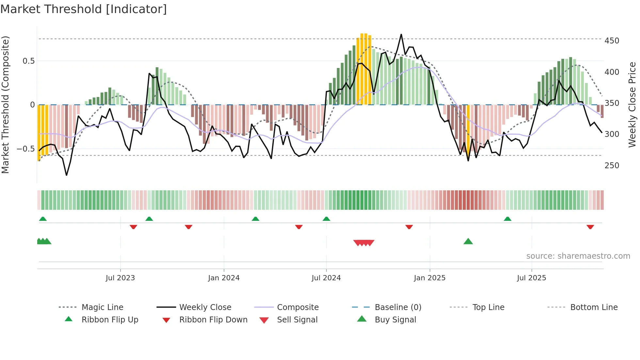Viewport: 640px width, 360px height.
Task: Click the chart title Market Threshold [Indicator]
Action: (84, 9)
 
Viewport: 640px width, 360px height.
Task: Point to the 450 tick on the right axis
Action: (612, 41)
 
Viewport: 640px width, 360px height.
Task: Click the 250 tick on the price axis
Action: (612, 166)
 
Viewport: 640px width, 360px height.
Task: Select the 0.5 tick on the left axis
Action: (28, 61)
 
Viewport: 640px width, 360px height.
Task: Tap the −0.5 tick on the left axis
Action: (26, 149)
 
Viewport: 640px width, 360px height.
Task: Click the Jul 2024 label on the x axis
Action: (326, 278)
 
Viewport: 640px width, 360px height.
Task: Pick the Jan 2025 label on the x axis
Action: (429, 278)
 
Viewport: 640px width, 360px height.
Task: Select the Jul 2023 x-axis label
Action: (120, 278)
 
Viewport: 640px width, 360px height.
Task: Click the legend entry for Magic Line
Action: (102, 307)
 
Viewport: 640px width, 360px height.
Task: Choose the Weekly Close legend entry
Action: (205, 307)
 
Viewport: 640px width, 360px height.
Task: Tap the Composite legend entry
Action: (297, 307)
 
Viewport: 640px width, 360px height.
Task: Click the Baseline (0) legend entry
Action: (398, 307)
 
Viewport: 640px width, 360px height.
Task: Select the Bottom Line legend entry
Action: (594, 307)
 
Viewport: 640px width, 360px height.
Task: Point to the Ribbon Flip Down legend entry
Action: (213, 320)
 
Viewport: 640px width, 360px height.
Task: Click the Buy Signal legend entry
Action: (395, 320)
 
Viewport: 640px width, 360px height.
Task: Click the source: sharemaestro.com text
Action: (578, 256)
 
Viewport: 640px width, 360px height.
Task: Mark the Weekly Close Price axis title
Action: (632, 105)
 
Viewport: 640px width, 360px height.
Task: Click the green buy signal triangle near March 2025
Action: (468, 241)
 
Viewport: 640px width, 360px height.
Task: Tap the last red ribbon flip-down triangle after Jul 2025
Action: (590, 227)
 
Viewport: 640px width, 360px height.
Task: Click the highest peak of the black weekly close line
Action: (401, 34)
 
